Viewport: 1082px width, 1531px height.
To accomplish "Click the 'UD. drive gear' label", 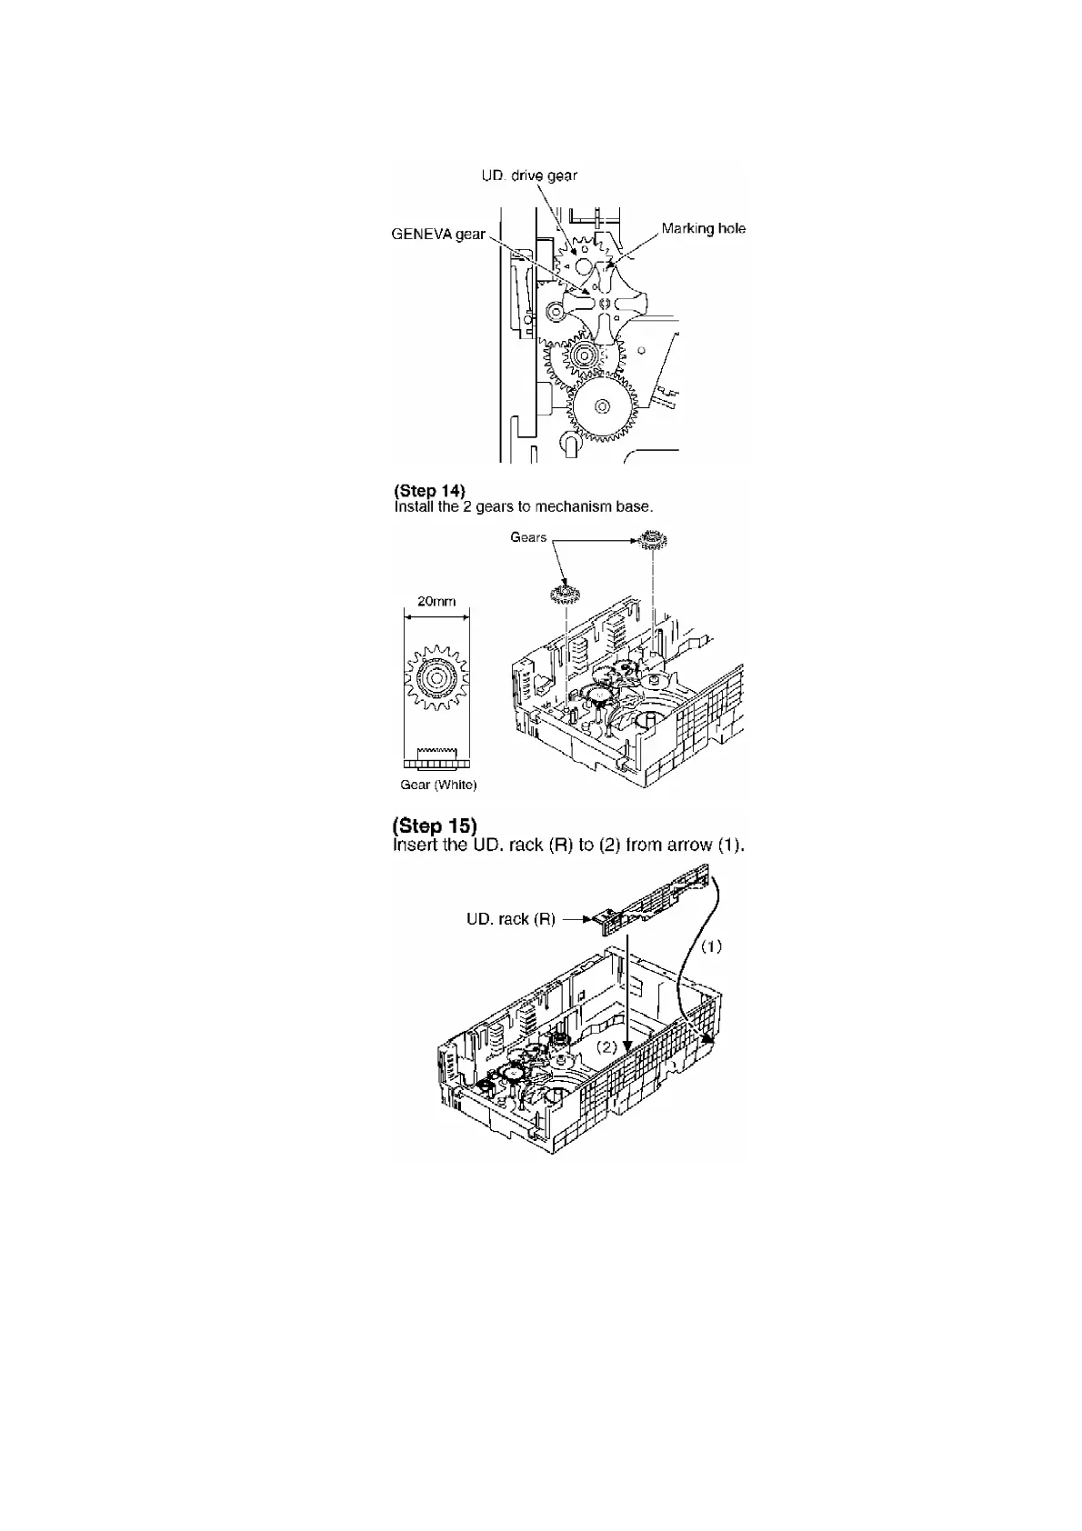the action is (x=528, y=175).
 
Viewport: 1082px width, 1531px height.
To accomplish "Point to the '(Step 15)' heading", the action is (x=434, y=826).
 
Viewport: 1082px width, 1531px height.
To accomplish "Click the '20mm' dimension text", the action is (x=436, y=601).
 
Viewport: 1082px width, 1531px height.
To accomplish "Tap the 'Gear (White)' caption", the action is (x=438, y=785).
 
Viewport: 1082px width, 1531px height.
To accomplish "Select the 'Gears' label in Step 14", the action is (x=528, y=537).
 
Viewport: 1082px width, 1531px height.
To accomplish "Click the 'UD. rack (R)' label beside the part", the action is (x=510, y=919).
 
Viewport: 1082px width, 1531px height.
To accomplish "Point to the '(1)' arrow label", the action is (x=711, y=946).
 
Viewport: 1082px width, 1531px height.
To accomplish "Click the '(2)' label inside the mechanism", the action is (x=607, y=1046).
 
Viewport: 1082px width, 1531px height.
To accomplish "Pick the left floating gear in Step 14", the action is (x=566, y=595).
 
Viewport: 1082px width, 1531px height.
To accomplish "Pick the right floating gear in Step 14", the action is (x=651, y=543).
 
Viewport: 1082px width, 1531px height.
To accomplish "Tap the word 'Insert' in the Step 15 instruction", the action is (x=416, y=845).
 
